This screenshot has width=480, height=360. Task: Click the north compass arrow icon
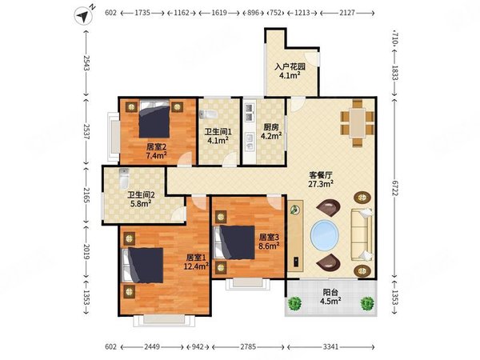[83, 16]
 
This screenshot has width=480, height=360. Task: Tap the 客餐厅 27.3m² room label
[321, 179]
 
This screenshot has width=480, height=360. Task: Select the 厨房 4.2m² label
[271, 131]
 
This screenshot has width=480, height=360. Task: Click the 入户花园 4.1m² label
[290, 71]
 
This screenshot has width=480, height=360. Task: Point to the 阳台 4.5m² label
[330, 297]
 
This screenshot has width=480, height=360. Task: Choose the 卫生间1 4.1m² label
[218, 136]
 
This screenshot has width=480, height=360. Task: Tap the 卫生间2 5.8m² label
[141, 199]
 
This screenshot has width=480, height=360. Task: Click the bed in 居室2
[154, 119]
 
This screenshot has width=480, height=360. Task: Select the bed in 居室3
[234, 242]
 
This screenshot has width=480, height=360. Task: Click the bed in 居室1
[142, 266]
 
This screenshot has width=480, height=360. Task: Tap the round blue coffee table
[325, 235]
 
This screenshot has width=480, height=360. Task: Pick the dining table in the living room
[358, 123]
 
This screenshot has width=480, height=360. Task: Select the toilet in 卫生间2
[124, 178]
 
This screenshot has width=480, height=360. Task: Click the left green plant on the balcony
[294, 303]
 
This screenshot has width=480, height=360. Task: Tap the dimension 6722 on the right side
[395, 192]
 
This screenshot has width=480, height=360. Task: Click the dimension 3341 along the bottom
[331, 347]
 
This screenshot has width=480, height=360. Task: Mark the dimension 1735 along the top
[142, 13]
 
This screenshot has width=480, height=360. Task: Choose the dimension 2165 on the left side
[86, 195]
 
